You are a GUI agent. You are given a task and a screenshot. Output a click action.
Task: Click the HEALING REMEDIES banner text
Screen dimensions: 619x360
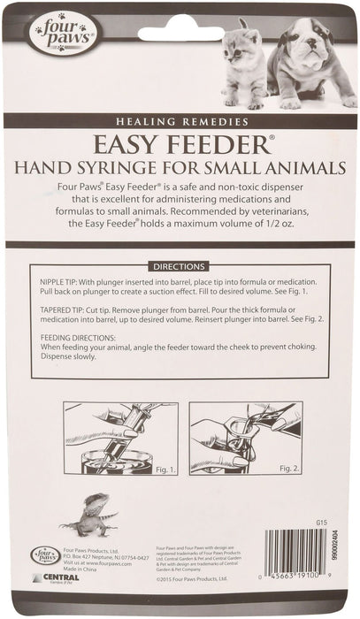click(x=180, y=120)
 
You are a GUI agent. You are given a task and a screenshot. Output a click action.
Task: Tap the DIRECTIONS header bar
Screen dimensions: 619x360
click(x=180, y=264)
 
